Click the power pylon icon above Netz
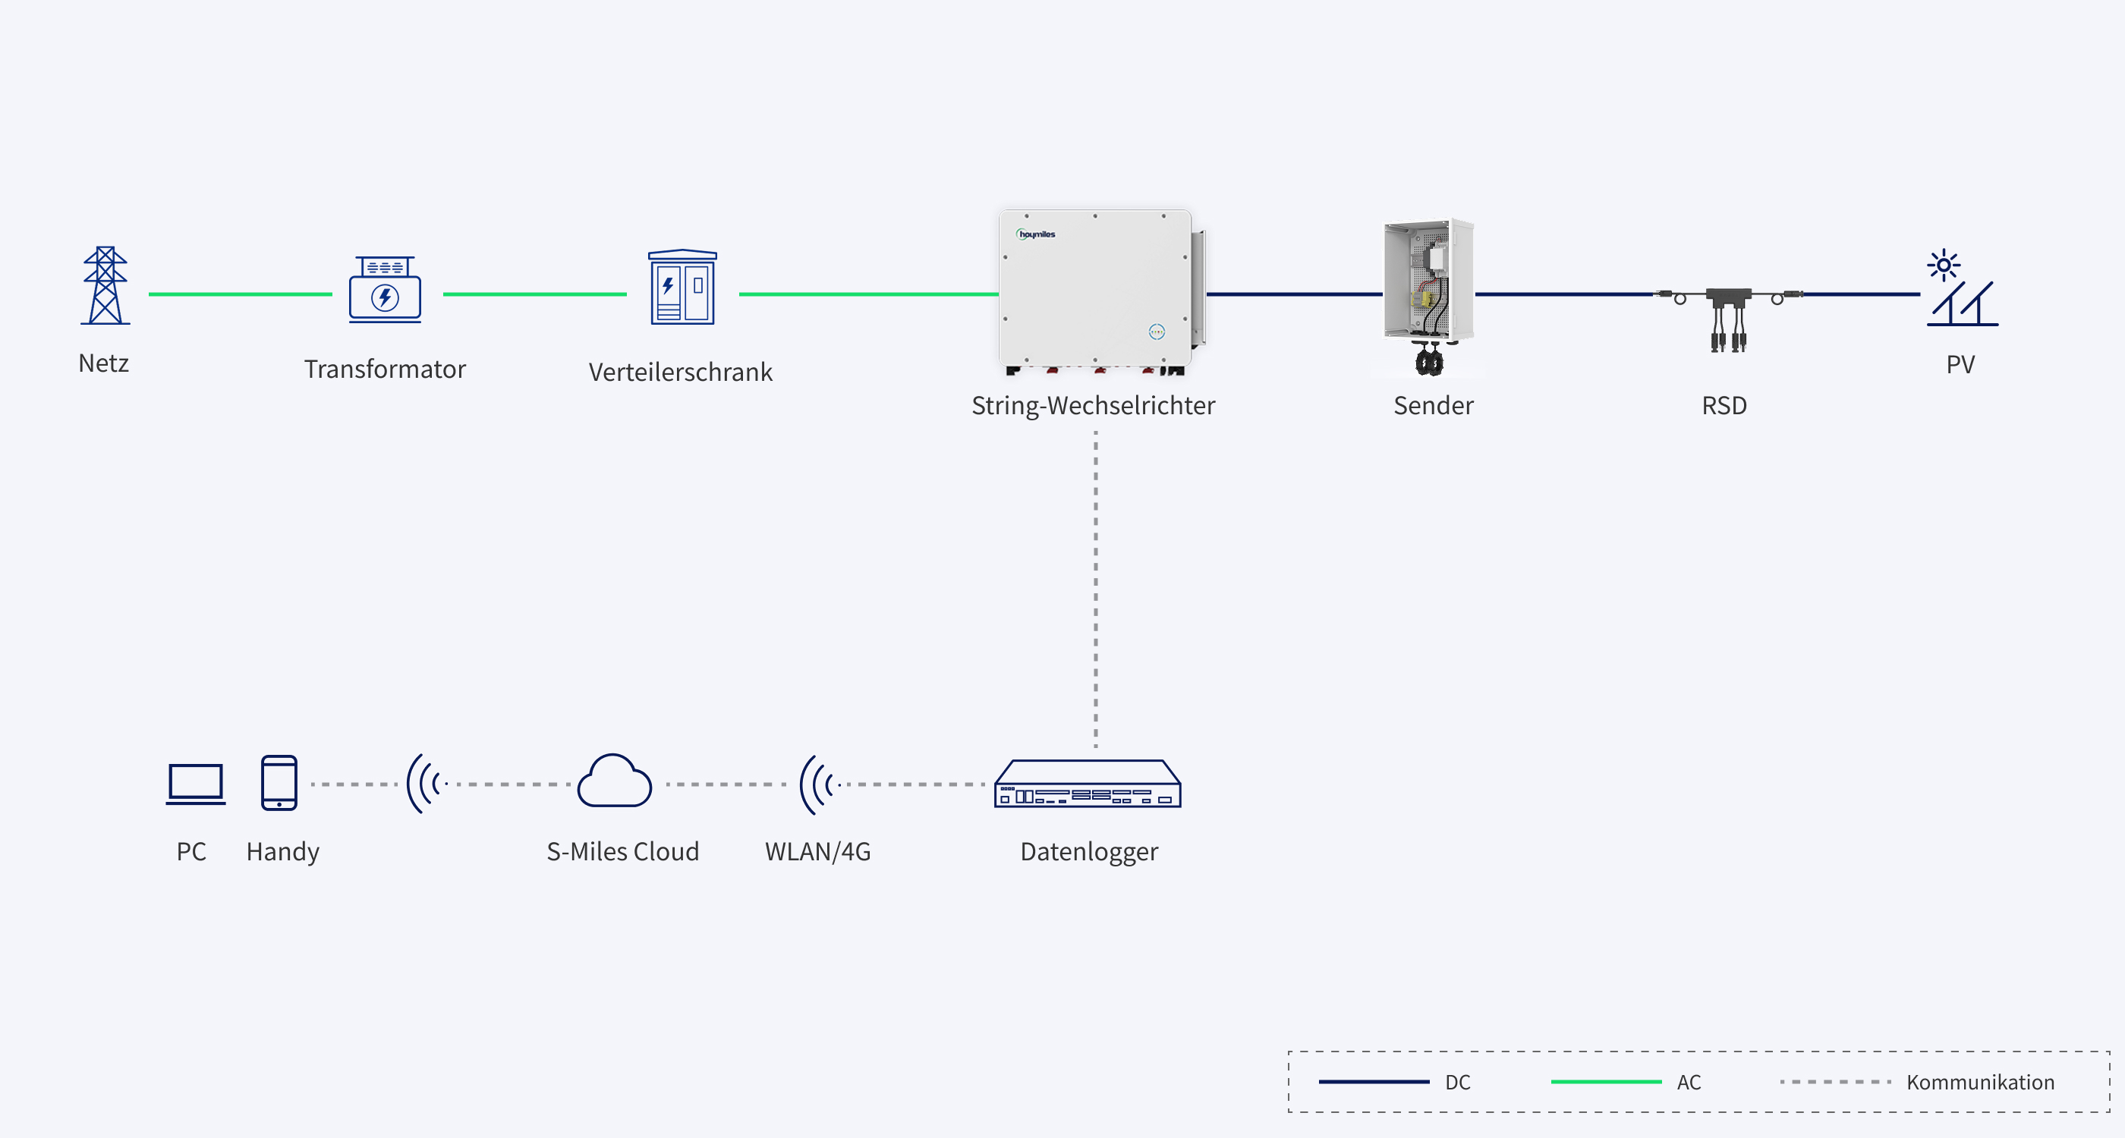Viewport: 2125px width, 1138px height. [105, 285]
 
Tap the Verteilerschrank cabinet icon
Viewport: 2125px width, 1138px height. [682, 287]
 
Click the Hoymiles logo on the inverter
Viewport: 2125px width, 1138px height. [1036, 234]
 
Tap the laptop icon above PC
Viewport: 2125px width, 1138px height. [196, 784]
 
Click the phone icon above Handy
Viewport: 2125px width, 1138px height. [279, 783]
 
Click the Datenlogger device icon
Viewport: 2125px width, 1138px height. [1088, 784]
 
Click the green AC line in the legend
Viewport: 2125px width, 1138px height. [1606, 1082]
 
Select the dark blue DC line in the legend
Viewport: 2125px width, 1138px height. [1374, 1082]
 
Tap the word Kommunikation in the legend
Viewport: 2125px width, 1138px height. [1981, 1082]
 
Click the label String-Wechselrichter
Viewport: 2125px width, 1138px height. [1093, 406]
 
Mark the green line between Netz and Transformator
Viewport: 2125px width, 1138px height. [240, 294]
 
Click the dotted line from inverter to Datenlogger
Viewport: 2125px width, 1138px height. [1095, 589]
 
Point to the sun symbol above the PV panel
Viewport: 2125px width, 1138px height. [1944, 265]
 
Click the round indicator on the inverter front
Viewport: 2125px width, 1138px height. [1157, 332]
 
